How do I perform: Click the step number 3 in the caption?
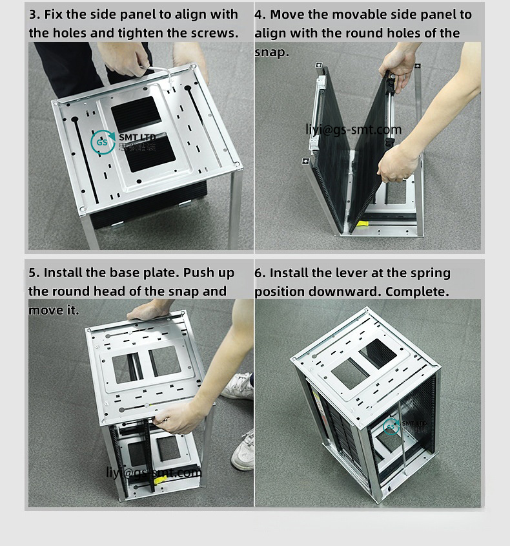pyautogui.click(x=33, y=15)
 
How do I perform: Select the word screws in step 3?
pyautogui.click(x=215, y=33)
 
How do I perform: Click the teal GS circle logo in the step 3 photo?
pyautogui.click(x=103, y=142)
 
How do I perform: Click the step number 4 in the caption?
pyautogui.click(x=259, y=15)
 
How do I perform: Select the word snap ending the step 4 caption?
pyautogui.click(x=270, y=52)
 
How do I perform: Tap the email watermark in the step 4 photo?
pyautogui.click(x=353, y=130)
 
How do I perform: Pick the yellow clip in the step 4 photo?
pyautogui.click(x=363, y=224)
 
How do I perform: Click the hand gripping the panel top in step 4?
pyautogui.click(x=397, y=65)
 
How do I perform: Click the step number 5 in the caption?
pyautogui.click(x=33, y=273)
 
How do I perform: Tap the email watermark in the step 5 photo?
pyautogui.click(x=154, y=473)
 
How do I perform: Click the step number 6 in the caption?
pyautogui.click(x=259, y=273)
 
